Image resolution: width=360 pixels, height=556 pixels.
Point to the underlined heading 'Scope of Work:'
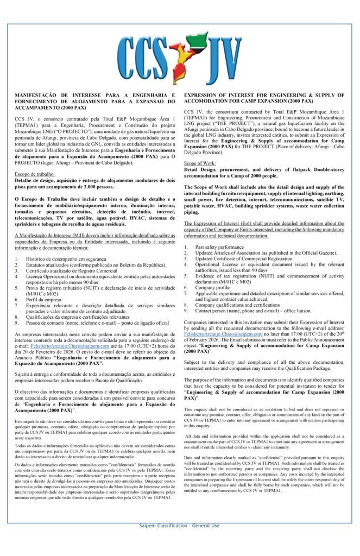[199, 163]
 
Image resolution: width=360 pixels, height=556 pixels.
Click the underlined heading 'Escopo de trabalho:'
[33, 174]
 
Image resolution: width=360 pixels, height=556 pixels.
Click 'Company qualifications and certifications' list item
[237, 305]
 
